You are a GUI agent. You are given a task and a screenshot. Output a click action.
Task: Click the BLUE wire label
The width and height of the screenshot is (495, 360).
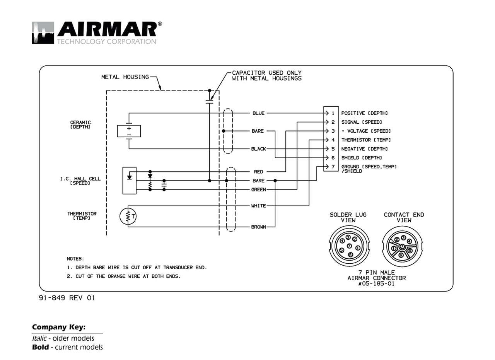[258, 113]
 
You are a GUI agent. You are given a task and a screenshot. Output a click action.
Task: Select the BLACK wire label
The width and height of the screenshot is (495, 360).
[258, 149]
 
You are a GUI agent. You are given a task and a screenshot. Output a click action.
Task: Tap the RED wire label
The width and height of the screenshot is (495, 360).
[258, 172]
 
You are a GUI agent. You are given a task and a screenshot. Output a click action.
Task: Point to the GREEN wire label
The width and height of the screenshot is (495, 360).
[258, 190]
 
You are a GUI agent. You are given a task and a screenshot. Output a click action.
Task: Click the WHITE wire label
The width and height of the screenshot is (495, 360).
[258, 206]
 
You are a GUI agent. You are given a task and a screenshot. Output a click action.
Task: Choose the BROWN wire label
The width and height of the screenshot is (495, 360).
[258, 227]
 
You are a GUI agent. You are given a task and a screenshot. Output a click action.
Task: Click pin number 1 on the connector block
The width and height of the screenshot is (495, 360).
[332, 113]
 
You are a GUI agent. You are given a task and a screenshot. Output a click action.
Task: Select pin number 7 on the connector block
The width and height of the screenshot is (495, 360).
[332, 167]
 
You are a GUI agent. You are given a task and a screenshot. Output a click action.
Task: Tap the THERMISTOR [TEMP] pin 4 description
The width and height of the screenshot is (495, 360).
[366, 140]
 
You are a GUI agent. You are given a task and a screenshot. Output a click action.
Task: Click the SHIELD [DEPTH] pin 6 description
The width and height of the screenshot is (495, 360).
[362, 158]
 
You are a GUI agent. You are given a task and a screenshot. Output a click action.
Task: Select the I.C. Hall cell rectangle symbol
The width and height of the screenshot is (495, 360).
[129, 180]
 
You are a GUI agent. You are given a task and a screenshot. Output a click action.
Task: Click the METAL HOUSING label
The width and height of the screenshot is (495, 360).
[125, 77]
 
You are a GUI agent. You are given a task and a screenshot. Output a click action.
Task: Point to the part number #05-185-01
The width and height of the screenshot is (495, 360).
[377, 283]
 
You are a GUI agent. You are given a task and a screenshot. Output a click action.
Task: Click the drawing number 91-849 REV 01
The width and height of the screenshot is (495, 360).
[67, 298]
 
